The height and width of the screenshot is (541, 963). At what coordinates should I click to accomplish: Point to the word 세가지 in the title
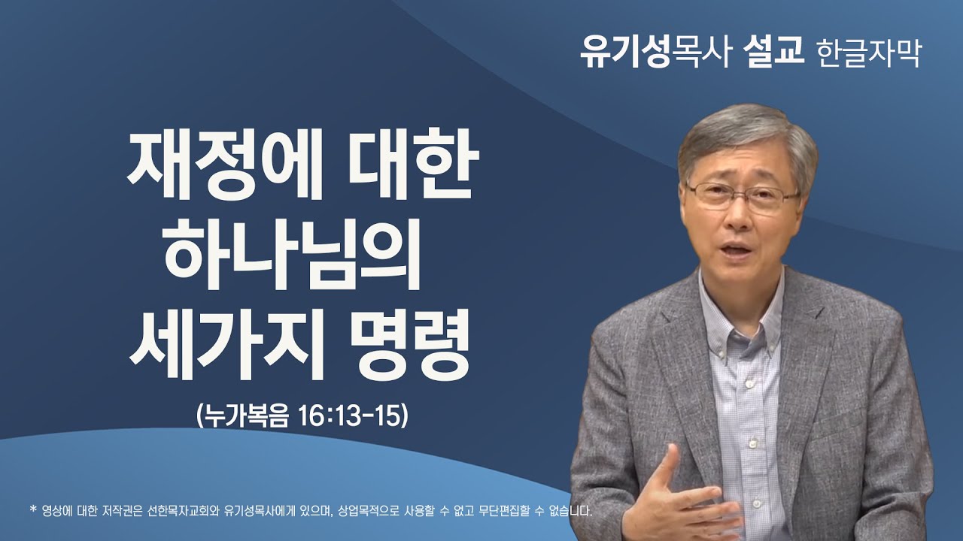tap(222, 343)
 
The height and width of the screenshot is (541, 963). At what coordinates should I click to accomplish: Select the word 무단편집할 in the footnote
tap(481, 512)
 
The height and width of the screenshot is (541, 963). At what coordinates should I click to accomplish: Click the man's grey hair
tap(745, 135)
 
